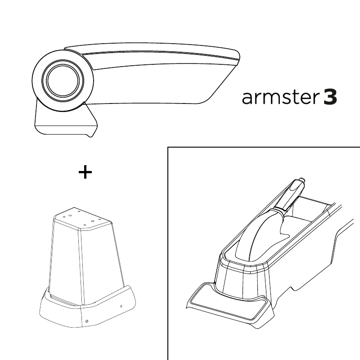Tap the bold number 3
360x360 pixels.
point(330,97)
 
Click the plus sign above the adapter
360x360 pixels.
point(85,172)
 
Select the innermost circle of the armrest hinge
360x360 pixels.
point(63,81)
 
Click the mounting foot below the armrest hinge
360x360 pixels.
point(65,121)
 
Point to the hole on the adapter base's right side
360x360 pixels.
point(121,306)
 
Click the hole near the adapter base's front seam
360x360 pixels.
point(86,321)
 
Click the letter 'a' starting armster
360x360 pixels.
point(246,98)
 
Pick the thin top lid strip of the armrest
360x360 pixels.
point(152,49)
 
